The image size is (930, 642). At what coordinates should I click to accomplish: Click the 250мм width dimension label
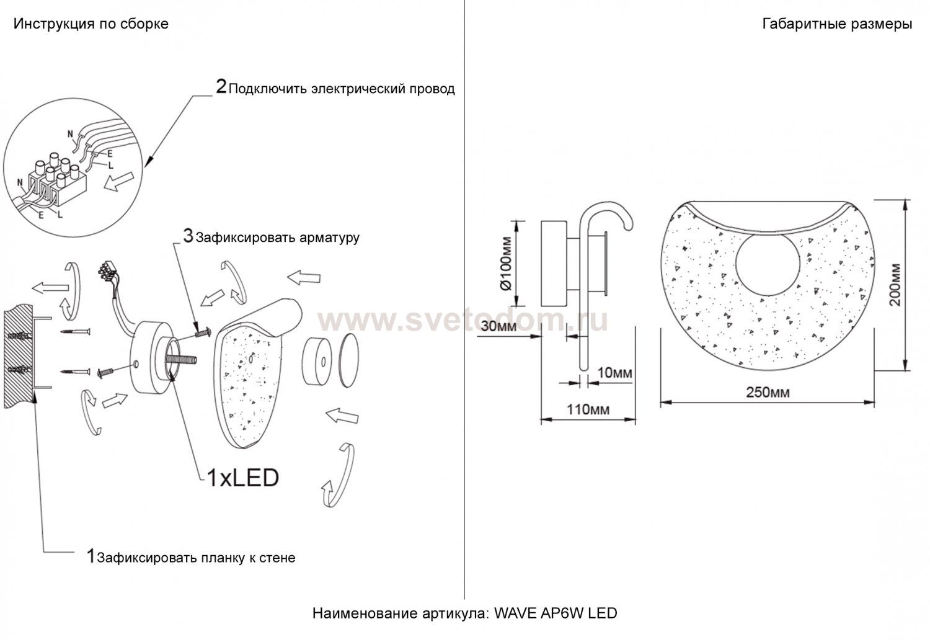[768, 392]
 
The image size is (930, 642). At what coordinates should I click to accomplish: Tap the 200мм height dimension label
[895, 285]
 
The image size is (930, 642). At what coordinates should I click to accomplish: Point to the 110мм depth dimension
[588, 409]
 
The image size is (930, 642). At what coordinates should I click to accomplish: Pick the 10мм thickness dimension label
[614, 373]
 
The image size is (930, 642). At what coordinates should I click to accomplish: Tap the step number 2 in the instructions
[221, 86]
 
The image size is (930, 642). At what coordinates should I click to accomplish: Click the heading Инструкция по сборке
[91, 24]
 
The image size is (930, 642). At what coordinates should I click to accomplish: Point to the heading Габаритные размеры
[837, 24]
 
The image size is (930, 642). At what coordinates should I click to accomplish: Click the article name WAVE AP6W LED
[556, 613]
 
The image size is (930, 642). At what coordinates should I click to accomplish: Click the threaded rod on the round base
[182, 359]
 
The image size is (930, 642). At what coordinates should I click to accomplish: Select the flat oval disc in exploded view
[349, 360]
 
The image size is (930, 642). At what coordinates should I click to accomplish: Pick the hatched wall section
[19, 356]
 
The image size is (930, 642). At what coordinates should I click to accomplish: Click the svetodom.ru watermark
[463, 321]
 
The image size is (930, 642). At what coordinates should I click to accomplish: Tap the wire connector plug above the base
[107, 271]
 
